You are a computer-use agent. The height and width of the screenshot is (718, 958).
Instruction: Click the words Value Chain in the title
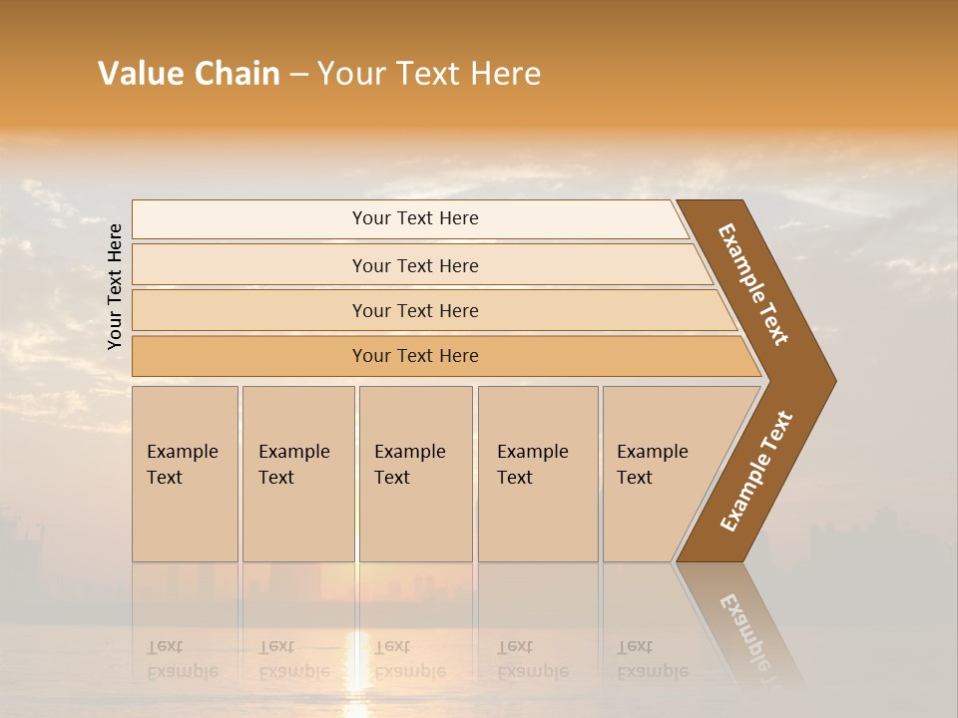(x=189, y=74)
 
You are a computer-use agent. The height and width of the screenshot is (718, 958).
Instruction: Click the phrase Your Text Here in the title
(x=429, y=74)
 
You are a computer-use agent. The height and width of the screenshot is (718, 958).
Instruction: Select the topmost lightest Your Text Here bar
(x=414, y=218)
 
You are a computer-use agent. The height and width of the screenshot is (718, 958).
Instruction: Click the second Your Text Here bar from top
(x=414, y=265)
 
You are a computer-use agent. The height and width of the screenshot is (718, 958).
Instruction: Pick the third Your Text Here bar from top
(x=414, y=310)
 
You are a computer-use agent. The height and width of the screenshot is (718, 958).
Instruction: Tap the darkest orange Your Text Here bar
(x=414, y=356)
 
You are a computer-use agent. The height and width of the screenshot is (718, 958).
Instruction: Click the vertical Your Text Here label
(x=115, y=286)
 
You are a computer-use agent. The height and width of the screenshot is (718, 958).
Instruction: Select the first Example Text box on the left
(x=185, y=473)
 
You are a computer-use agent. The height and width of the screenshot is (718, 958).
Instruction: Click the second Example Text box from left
(x=297, y=473)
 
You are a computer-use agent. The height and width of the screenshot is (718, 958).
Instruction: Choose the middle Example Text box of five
(x=415, y=473)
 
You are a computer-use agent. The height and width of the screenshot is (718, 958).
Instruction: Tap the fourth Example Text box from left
(x=537, y=473)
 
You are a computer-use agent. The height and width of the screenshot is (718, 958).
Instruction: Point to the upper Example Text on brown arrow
(x=753, y=284)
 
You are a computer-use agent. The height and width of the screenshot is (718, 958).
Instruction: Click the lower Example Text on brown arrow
(x=756, y=472)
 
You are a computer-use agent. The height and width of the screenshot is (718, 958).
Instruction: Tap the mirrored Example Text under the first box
(x=182, y=659)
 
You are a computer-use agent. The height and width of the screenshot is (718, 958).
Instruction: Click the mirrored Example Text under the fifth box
(x=652, y=659)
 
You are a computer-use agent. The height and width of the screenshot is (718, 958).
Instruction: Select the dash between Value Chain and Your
(x=298, y=75)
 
